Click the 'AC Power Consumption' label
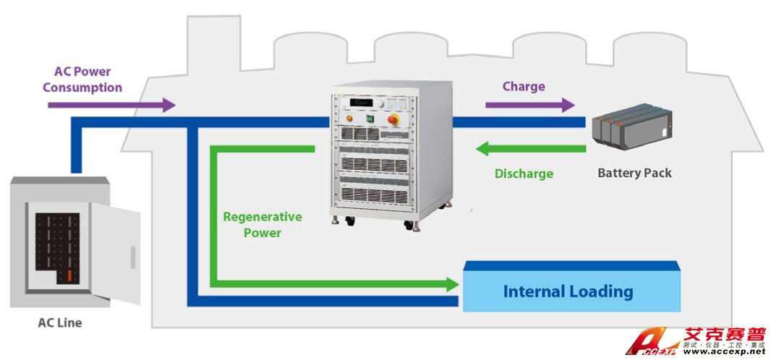coord(82,80)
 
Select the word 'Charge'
coord(524,86)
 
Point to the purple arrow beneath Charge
coord(528,105)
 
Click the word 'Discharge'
coord(524,173)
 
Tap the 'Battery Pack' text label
coord(634,173)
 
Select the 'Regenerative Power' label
coord(262,224)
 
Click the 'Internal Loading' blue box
coord(568,291)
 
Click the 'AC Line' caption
coord(59,323)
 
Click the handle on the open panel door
coord(132,256)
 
